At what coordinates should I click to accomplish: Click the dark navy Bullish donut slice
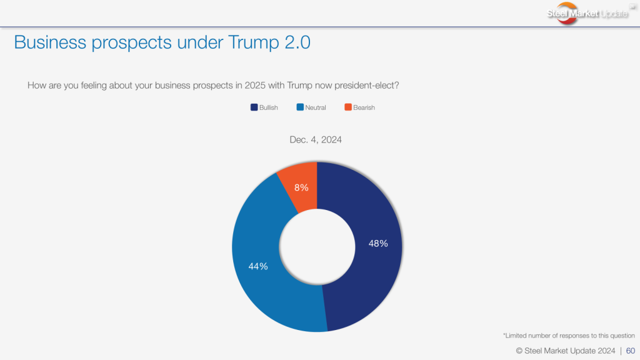(369, 275)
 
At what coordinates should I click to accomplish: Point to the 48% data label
(378, 244)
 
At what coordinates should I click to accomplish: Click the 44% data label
(258, 266)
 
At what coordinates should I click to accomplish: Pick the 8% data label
(301, 187)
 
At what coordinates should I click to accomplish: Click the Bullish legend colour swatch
(254, 107)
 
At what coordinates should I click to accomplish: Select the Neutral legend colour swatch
(300, 107)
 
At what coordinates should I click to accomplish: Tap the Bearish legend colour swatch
(348, 107)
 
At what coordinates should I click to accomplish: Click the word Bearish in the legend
(364, 107)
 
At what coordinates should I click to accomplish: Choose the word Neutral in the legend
(316, 107)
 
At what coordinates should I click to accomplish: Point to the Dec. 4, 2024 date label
(316, 140)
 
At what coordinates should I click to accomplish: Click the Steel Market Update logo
(587, 13)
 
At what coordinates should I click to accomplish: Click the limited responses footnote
(569, 336)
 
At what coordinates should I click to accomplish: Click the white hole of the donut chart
(317, 247)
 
